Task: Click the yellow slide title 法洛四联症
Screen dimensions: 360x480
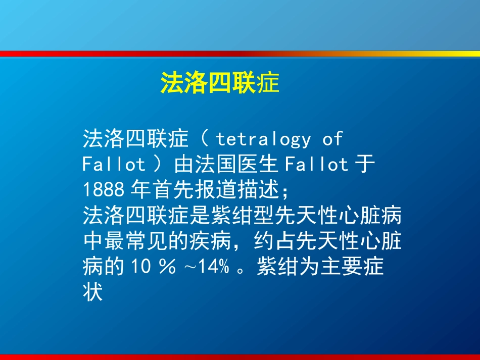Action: tap(220, 82)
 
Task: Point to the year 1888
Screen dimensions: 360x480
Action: tap(103, 190)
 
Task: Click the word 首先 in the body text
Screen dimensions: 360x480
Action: tap(173, 190)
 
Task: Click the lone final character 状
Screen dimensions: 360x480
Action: tap(93, 292)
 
